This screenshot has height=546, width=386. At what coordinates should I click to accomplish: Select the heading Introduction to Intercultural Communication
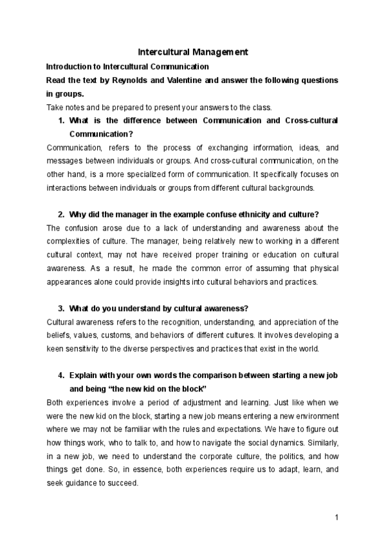[x=127, y=66]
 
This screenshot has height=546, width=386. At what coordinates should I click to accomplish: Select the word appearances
[x=70, y=281]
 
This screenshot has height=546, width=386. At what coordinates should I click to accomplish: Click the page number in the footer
[x=336, y=516]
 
